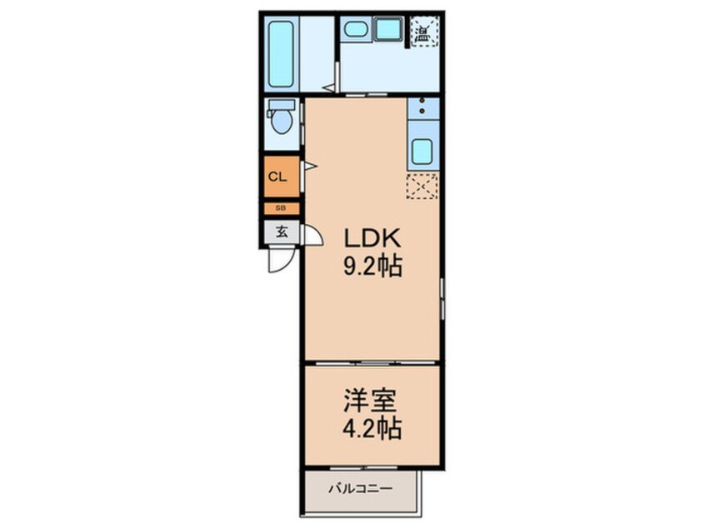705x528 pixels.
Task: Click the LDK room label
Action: click(x=374, y=239)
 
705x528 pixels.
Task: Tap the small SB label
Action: click(x=281, y=208)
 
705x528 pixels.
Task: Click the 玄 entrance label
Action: click(x=282, y=232)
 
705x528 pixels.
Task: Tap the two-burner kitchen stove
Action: click(x=422, y=107)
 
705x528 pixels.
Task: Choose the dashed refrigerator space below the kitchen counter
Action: click(x=422, y=187)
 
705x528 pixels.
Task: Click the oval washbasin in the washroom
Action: click(x=357, y=30)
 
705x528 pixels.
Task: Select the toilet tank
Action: click(x=281, y=106)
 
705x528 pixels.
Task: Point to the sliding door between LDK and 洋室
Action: click(x=372, y=362)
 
